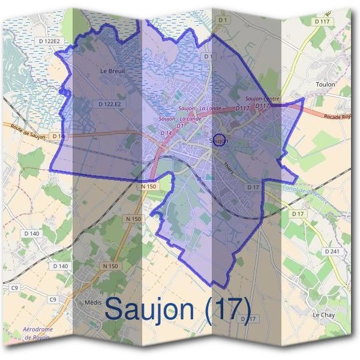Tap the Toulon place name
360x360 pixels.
click(325, 85)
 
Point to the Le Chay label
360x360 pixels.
click(323, 314)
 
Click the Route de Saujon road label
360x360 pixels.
click(28, 128)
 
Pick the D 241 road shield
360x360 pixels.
click(331, 251)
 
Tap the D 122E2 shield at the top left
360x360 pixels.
click(49, 41)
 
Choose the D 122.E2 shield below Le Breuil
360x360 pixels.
click(110, 104)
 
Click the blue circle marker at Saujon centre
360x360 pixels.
click(219, 139)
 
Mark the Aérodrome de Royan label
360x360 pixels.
click(37, 334)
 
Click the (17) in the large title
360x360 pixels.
click(227, 308)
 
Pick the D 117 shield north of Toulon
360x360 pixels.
click(322, 22)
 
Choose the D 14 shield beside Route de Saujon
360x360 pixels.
click(58, 137)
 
